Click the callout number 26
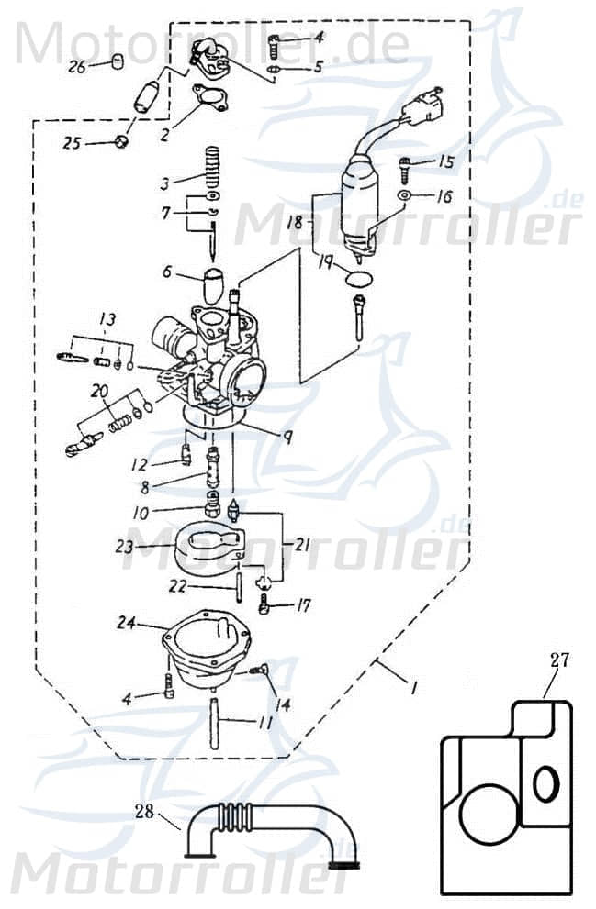coord(77,67)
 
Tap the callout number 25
coord(72,143)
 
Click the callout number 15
coord(445,163)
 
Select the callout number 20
coord(98,392)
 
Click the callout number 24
coord(126,623)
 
